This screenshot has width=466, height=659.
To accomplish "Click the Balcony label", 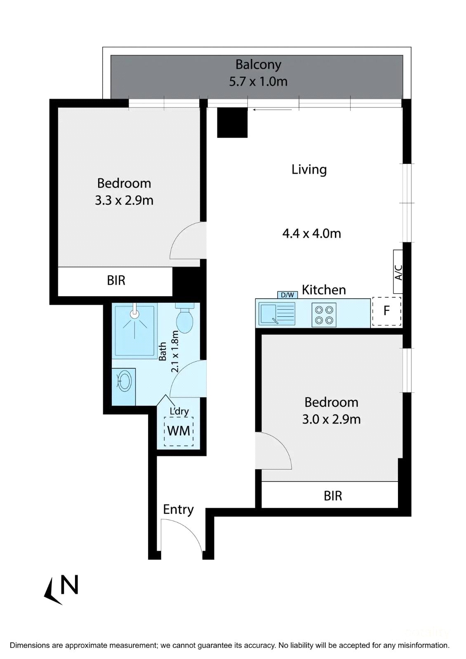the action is [258, 65].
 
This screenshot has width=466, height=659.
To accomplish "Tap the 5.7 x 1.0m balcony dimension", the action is [258, 82].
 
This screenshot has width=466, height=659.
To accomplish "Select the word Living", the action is [309, 170].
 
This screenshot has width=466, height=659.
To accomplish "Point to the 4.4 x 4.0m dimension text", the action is [312, 234].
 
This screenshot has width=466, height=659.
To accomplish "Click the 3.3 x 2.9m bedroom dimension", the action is [124, 200].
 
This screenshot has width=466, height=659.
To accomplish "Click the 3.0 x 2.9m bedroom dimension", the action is [332, 419].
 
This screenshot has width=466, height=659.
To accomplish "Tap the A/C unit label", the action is [398, 272].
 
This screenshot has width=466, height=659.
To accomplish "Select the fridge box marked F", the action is [386, 311].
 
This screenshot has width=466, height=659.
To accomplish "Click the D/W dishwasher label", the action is [287, 295].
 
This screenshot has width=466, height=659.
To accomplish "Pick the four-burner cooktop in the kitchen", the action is [324, 315].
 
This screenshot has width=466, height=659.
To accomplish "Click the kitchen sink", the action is [277, 314].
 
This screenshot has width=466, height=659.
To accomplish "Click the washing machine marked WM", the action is [179, 431].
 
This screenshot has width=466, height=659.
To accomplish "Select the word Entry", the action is [178, 509].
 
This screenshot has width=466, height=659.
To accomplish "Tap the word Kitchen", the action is [324, 290].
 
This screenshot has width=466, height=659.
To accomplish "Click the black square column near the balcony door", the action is [232, 122].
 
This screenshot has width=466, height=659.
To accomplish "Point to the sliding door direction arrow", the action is [272, 110].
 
